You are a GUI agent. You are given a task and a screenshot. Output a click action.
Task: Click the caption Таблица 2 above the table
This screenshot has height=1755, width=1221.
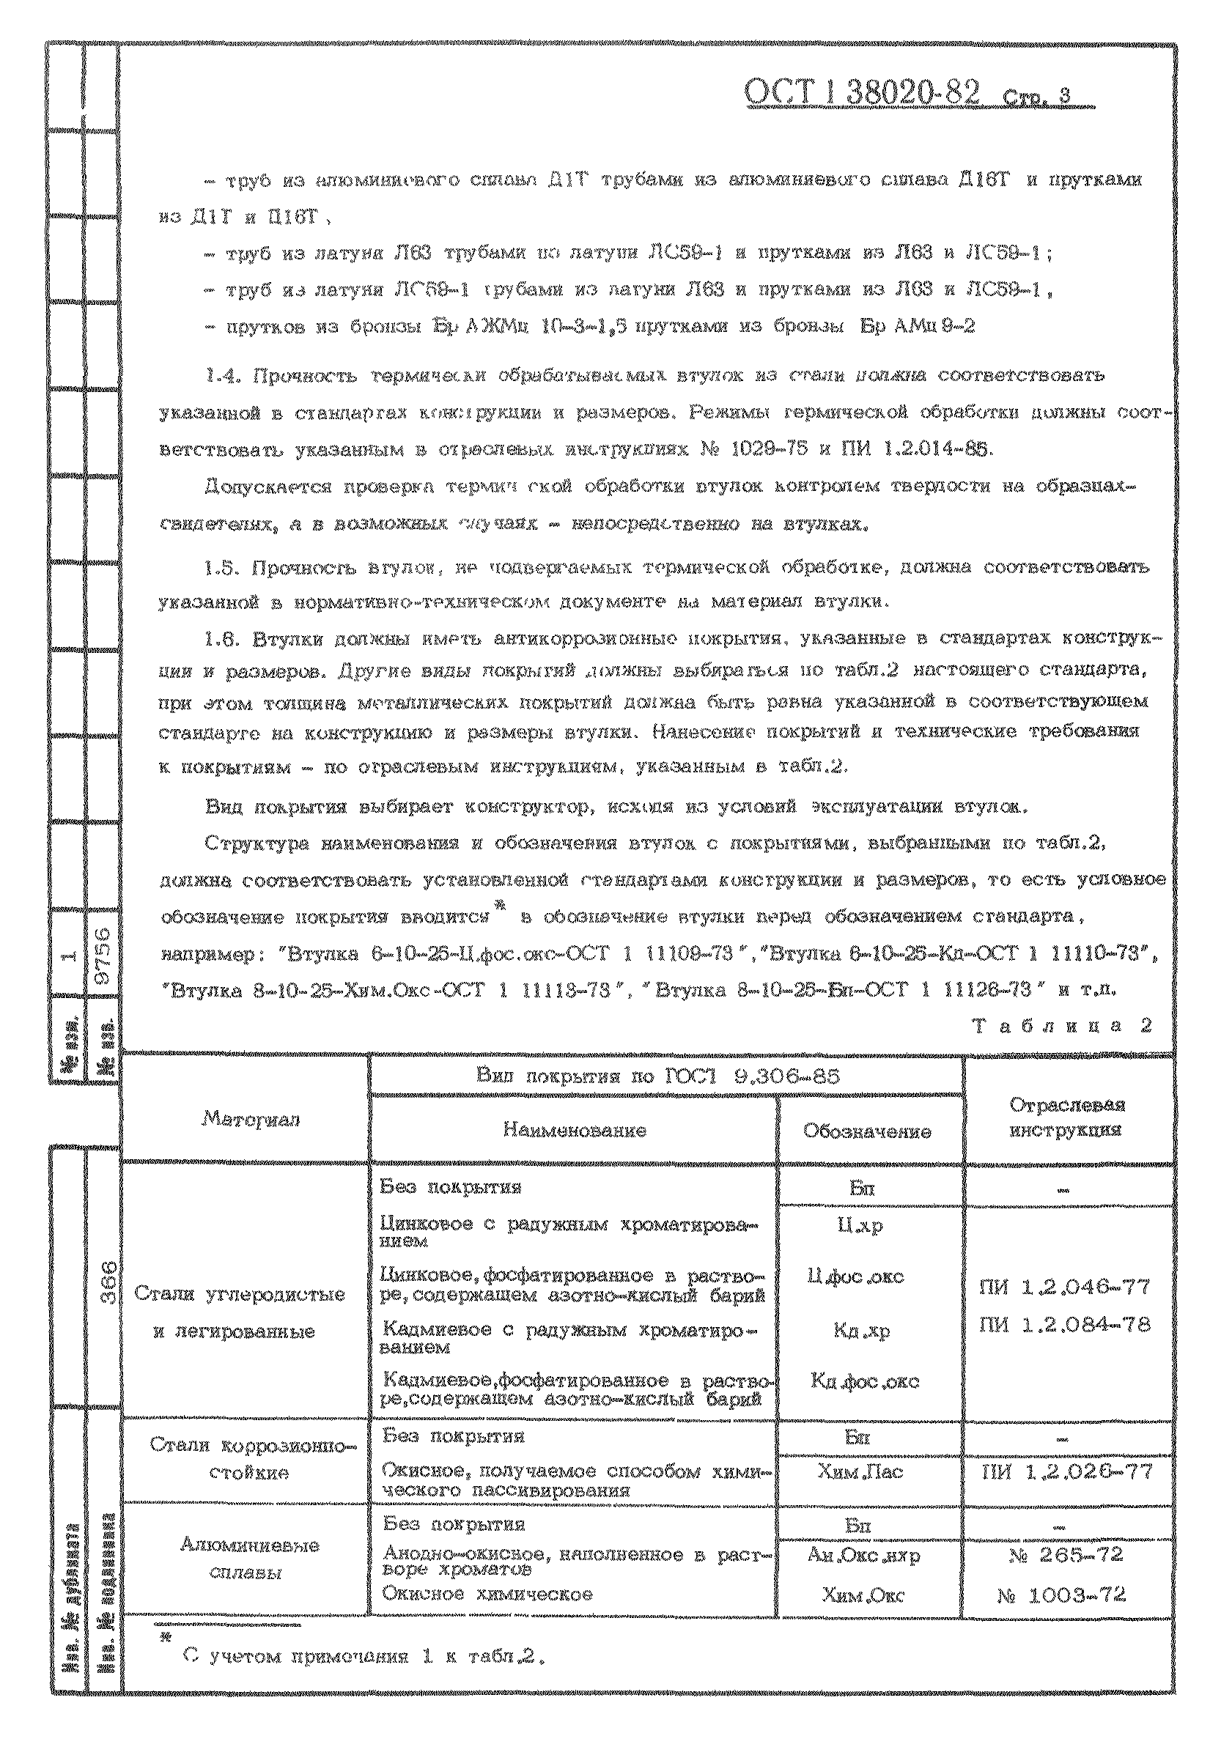coord(1062,1026)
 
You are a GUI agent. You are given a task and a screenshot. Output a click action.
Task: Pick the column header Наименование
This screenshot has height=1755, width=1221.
coord(574,1130)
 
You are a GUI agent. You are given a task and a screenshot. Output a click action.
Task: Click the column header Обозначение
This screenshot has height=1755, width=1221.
coord(867,1131)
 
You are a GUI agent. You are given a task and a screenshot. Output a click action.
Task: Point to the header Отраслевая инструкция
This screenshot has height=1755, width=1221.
coord(1066,1117)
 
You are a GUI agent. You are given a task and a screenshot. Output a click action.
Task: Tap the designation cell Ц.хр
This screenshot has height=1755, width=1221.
coord(860,1225)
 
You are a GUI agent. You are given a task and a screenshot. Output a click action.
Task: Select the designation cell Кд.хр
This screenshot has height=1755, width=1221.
coord(862,1331)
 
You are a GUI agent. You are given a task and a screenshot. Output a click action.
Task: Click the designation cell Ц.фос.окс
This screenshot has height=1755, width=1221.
coord(855,1276)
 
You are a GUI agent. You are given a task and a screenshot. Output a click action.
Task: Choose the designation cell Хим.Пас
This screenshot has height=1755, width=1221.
coord(860,1471)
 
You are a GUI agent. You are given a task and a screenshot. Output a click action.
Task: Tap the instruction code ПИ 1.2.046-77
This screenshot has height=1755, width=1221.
coord(1064,1287)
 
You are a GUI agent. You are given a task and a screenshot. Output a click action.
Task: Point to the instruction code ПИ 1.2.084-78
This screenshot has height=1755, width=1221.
coord(1064,1324)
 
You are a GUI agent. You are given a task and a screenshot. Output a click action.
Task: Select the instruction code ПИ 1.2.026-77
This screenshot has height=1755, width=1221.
coord(1066,1471)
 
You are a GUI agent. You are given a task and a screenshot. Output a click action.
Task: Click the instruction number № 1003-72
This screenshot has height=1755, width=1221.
coord(1061,1595)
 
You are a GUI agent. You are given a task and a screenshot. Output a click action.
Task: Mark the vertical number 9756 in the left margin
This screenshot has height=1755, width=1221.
coord(104,956)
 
